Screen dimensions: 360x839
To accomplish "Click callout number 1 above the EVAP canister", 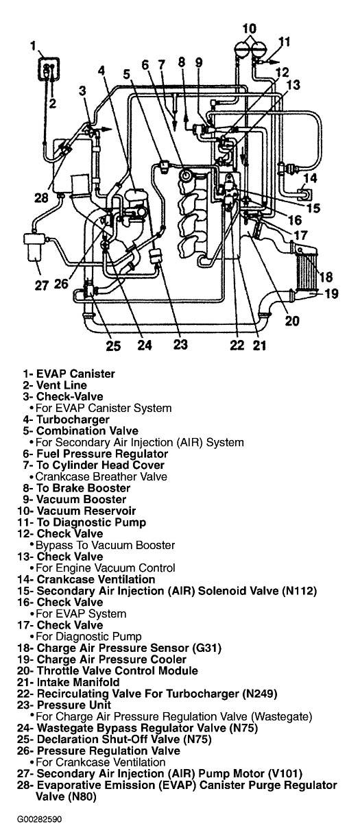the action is click(x=34, y=47).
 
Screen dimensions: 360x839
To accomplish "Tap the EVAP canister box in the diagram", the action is click(x=49, y=69).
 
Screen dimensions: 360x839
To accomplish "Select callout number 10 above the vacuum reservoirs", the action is click(x=249, y=29).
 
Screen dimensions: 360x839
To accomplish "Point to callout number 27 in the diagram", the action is click(x=42, y=285).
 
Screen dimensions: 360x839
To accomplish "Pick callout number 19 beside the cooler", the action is click(x=331, y=293).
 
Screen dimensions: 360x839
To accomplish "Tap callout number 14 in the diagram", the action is click(x=310, y=178).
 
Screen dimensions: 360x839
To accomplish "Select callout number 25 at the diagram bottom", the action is click(x=112, y=345).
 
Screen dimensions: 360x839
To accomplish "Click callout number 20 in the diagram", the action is click(x=292, y=321).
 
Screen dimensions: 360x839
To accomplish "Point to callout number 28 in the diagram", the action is click(x=42, y=198).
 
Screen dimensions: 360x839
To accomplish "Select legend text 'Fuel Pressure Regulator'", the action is click(x=102, y=454).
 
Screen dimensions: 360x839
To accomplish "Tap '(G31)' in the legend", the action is click(x=206, y=648).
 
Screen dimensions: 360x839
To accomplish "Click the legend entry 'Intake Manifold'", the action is click(x=78, y=683).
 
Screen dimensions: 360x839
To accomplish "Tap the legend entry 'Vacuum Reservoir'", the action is click(x=86, y=511).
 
